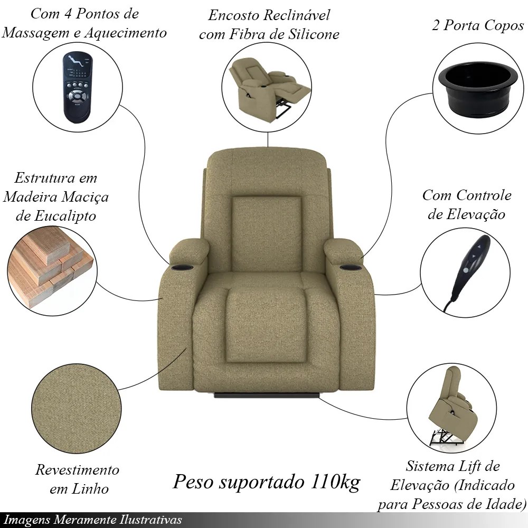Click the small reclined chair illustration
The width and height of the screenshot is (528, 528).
pos(269,88)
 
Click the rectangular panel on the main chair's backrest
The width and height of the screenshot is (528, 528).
pos(266,234)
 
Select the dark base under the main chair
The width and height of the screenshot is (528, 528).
pos(267,394)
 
